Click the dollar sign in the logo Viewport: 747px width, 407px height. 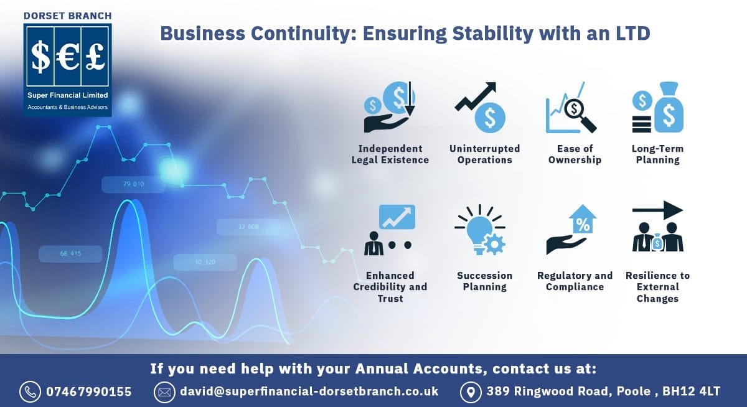click(41, 57)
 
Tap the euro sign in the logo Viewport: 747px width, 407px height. click(67, 57)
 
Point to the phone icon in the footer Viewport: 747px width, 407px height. click(29, 391)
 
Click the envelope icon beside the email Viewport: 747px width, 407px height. click(163, 391)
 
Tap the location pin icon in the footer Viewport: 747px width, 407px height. click(470, 391)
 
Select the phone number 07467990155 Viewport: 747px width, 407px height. click(89, 391)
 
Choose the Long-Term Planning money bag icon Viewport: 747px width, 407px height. click(669, 108)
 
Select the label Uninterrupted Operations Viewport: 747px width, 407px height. click(484, 154)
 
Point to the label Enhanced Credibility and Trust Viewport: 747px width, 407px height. click(390, 287)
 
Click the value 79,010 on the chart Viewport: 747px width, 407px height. click(134, 184)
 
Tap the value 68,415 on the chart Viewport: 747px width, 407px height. click(70, 253)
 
